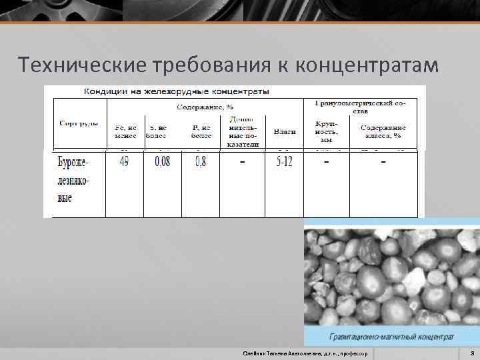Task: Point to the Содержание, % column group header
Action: pos(205,107)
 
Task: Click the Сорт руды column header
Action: pos(79,123)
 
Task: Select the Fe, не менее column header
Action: pos(125,131)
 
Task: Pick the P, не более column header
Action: pos(201,131)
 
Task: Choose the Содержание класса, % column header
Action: pos(383,131)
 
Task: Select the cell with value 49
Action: pos(124,162)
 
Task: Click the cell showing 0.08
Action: pos(162,162)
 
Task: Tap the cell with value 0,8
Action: pos(200,162)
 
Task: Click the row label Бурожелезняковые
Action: pos(73,180)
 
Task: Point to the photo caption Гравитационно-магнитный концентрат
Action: pos(391,336)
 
